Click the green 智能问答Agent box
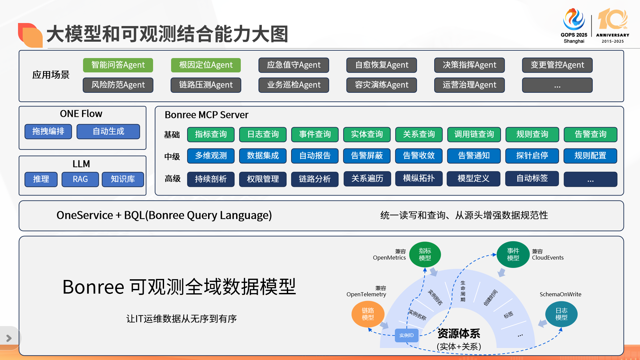click(x=118, y=65)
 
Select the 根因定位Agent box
click(x=206, y=65)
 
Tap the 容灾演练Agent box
click(x=382, y=85)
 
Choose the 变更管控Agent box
click(x=557, y=65)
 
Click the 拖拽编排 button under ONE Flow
click(x=48, y=131)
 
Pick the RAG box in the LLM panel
click(x=80, y=179)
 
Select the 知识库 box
click(x=123, y=179)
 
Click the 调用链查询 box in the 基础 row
click(x=474, y=134)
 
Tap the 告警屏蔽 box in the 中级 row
click(x=367, y=156)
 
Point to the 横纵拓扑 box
click(x=419, y=178)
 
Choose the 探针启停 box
click(x=532, y=156)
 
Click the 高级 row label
click(x=172, y=179)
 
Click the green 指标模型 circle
click(x=425, y=255)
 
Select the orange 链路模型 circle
click(x=368, y=314)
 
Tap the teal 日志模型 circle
click(x=561, y=314)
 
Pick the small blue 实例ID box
click(x=406, y=335)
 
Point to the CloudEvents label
click(x=548, y=258)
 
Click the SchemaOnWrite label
click(x=560, y=294)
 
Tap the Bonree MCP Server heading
click(x=206, y=115)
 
